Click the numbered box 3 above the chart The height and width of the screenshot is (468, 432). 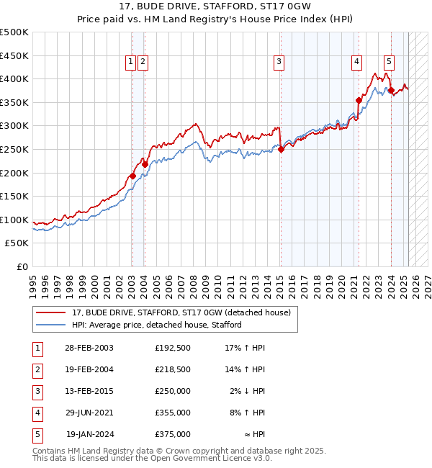tap(278, 63)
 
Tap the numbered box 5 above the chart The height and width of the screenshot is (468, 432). tap(389, 63)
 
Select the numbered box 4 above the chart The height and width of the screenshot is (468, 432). tap(356, 63)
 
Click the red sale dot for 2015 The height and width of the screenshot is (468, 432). tap(282, 149)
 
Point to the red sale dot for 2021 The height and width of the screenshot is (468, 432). tap(359, 100)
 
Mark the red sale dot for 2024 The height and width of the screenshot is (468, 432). tap(391, 91)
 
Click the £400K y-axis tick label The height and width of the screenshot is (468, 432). tap(14, 78)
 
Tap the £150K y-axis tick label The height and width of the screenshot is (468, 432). tap(14, 196)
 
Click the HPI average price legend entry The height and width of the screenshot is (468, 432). tap(156, 325)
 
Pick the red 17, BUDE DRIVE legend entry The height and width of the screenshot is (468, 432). tap(181, 312)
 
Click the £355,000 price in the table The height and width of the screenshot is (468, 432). tap(173, 413)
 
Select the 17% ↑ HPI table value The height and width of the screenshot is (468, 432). tap(245, 347)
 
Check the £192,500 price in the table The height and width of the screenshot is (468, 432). tap(173, 347)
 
